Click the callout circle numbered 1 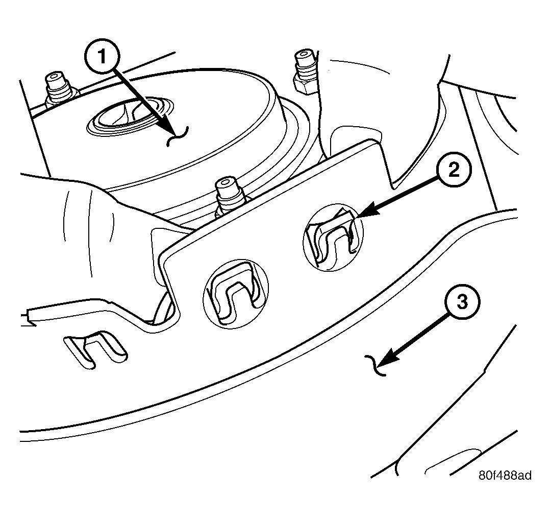103,56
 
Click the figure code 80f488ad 505,475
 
